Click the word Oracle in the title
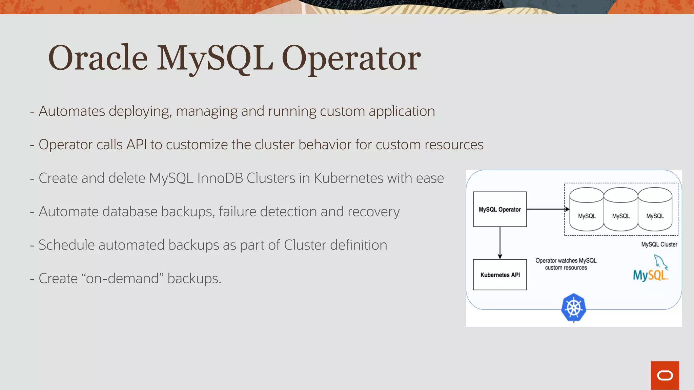point(98,58)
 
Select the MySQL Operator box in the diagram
point(500,209)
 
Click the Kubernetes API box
point(500,275)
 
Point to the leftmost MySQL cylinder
point(587,210)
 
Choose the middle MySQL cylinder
point(621,210)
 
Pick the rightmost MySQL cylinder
point(655,210)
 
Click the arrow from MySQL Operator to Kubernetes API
point(500,243)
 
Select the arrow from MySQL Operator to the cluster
point(547,209)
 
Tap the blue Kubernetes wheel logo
point(573,308)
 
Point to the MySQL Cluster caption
point(659,244)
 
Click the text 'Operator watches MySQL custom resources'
point(566,264)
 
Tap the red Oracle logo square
point(665,375)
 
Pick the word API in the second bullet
point(137,145)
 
